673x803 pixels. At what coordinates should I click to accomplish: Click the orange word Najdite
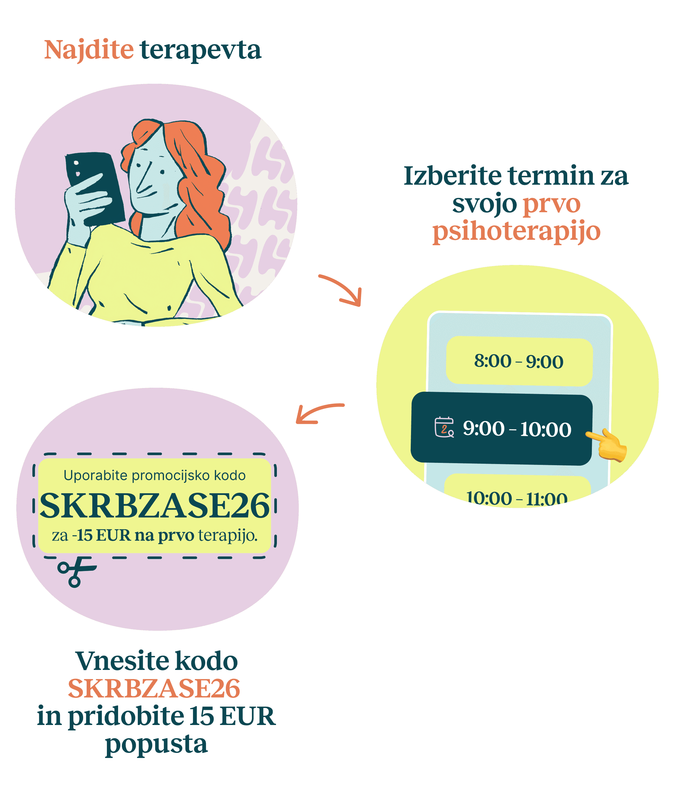(x=89, y=50)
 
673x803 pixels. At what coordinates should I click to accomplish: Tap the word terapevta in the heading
(x=201, y=50)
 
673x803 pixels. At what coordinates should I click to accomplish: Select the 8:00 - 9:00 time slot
(x=519, y=361)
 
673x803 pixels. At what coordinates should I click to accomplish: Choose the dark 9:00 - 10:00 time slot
(x=501, y=429)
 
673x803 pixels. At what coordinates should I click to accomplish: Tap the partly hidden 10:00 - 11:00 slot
(x=517, y=497)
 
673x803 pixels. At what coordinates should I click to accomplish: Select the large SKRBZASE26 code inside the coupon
(x=155, y=506)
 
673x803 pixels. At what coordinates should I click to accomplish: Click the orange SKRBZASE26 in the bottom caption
(x=154, y=689)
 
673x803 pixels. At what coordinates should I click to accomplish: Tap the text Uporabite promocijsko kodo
(x=154, y=475)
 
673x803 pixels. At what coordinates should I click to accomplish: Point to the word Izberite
(x=453, y=176)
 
